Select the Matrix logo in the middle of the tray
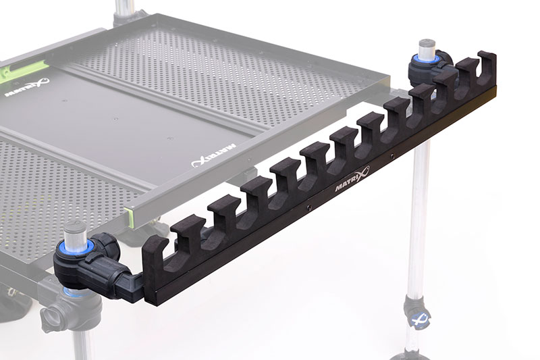click(x=211, y=155)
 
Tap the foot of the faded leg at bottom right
click(x=412, y=354)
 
